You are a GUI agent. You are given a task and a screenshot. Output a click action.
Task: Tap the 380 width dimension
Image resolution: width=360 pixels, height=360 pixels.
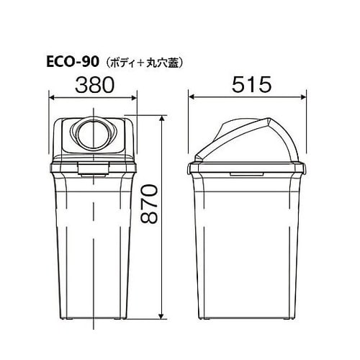(93, 85)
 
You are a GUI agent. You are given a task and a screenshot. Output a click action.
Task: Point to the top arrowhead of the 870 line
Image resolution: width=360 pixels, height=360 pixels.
(164, 118)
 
